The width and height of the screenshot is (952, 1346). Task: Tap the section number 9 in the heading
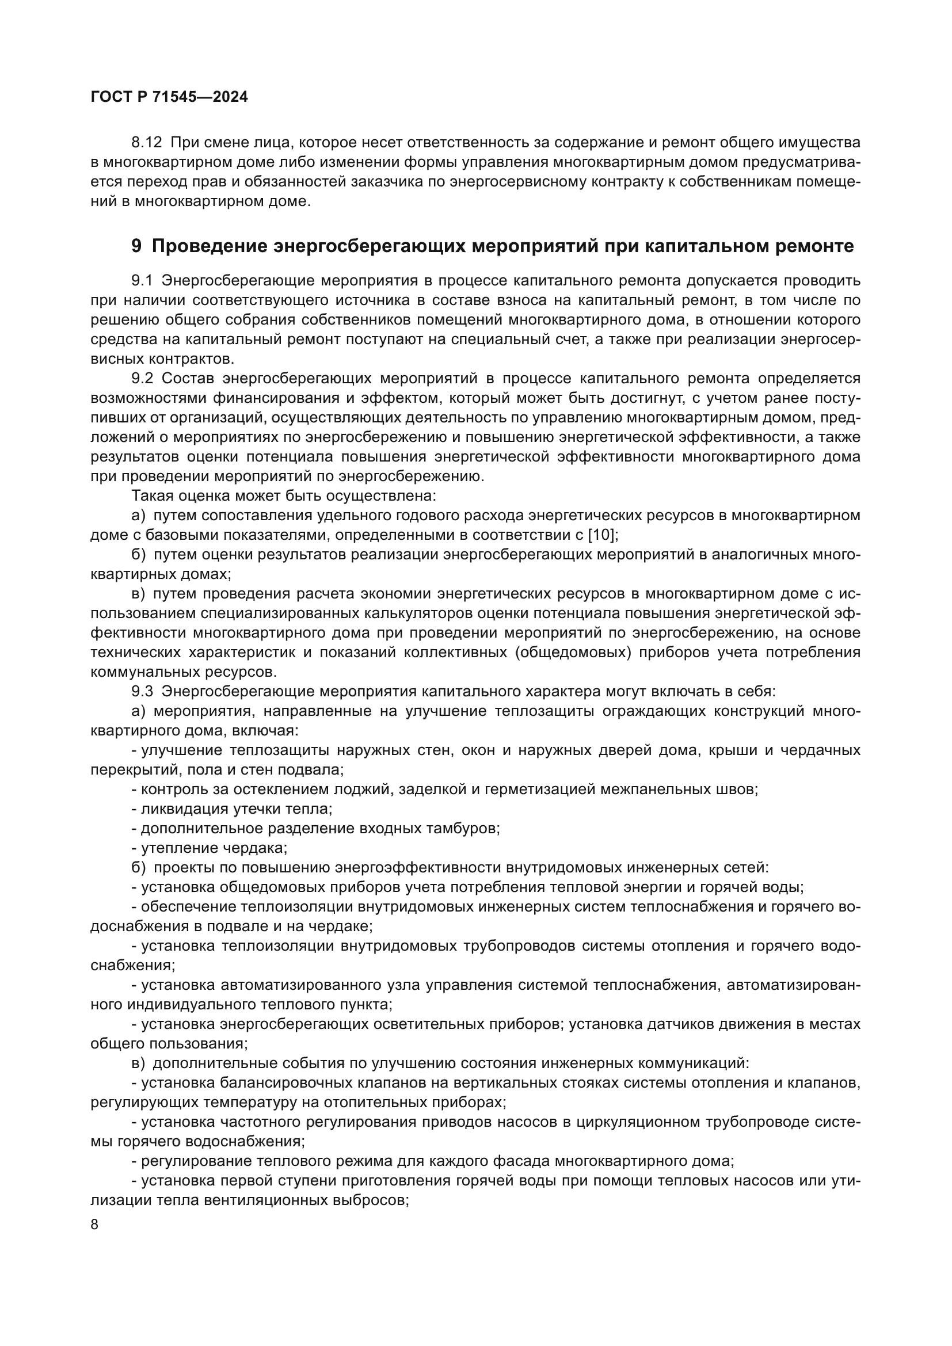pyautogui.click(x=136, y=246)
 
